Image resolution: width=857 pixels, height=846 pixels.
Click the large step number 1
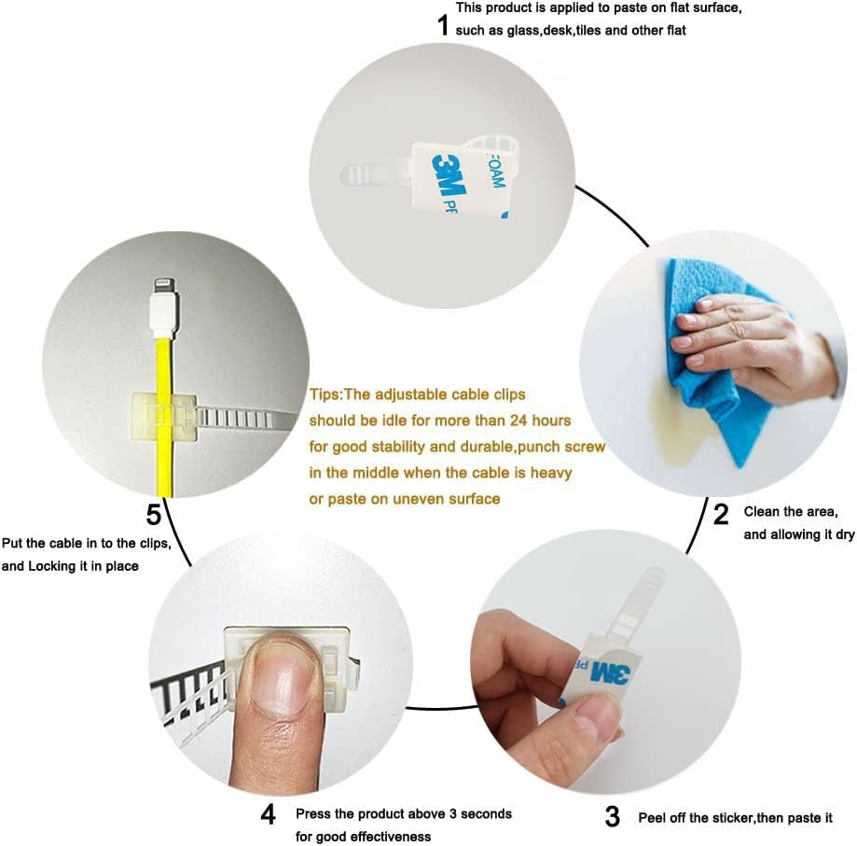click(443, 24)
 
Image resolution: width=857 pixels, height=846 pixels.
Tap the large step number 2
click(721, 514)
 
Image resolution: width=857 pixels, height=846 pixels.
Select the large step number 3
click(613, 816)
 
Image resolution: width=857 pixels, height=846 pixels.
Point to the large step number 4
click(268, 814)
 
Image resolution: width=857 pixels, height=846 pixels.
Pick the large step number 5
click(154, 514)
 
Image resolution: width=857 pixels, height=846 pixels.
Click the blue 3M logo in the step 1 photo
click(449, 174)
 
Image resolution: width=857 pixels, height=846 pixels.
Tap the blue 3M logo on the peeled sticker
click(610, 673)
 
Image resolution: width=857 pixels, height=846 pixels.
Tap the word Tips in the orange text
click(325, 395)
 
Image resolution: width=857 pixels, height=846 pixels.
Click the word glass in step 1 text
click(523, 31)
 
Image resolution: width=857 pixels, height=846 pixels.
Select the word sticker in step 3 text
click(732, 818)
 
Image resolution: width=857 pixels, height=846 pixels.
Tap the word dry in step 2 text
click(845, 534)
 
